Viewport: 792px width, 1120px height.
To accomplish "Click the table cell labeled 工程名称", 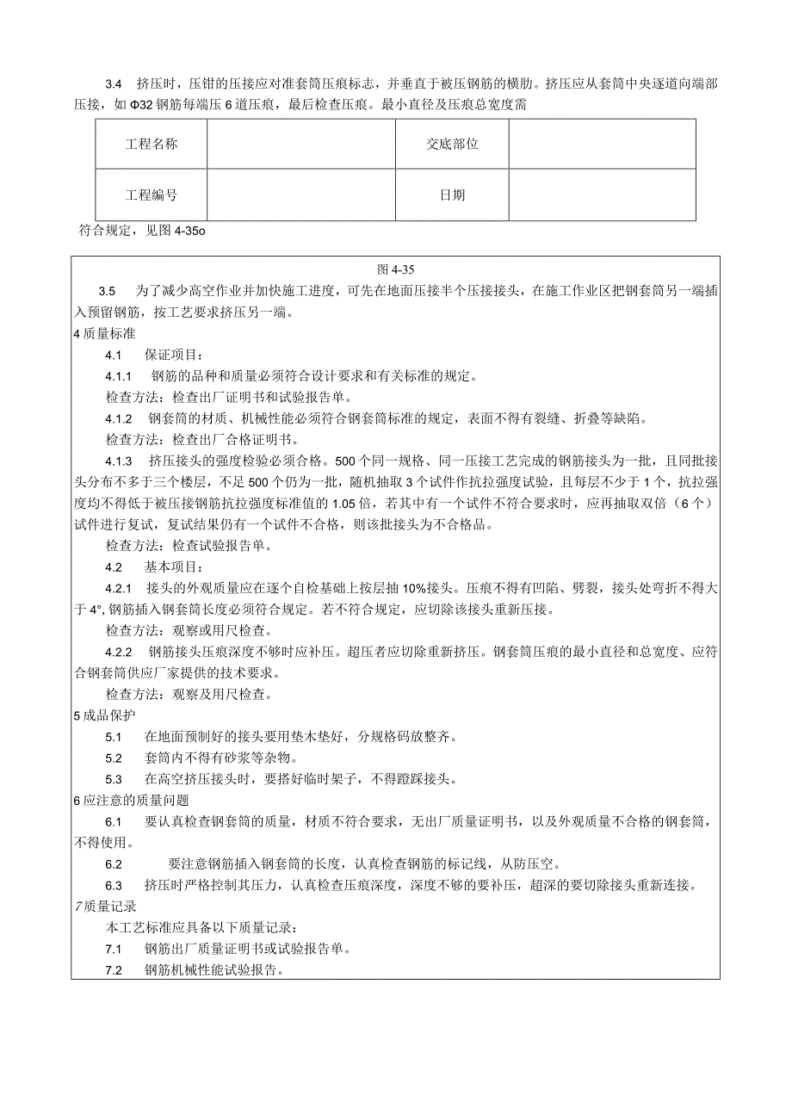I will tap(152, 144).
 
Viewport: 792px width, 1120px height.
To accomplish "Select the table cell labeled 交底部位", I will tap(452, 144).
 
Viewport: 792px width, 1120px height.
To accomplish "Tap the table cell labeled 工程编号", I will tap(152, 195).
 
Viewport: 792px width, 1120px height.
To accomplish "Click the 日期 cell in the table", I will tap(452, 195).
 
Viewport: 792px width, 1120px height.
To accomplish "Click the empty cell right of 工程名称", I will tap(300, 144).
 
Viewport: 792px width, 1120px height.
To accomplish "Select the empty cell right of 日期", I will tap(602, 195).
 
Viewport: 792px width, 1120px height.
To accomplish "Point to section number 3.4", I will tap(114, 84).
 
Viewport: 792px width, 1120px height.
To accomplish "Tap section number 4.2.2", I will tap(118, 652).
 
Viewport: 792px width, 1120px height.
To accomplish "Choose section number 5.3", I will tap(114, 779).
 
